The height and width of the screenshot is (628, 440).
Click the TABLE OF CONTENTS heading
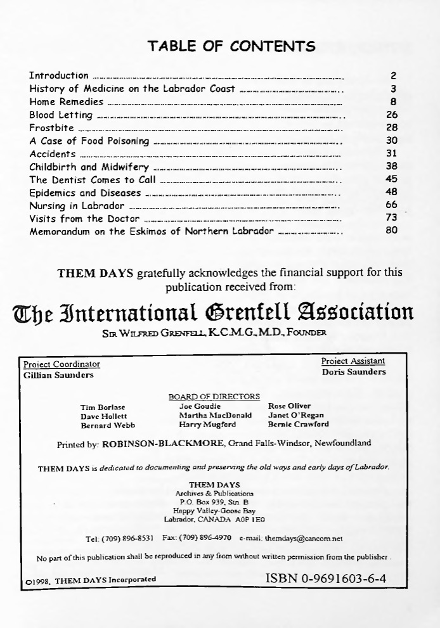[x=231, y=46]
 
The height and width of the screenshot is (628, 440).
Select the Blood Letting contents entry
[x=61, y=115]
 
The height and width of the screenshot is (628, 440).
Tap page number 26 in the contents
[x=391, y=115]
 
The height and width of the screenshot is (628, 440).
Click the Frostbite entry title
[x=52, y=128]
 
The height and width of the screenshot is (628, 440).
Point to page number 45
[x=391, y=179]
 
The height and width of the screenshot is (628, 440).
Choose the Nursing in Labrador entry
[x=77, y=206]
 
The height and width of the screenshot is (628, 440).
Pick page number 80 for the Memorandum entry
[x=391, y=231]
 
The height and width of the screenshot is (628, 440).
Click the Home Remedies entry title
[x=67, y=102]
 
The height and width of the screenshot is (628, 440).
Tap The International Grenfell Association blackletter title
[x=212, y=312]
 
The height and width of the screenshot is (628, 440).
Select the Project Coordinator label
[x=61, y=364]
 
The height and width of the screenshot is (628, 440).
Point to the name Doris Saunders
[x=353, y=372]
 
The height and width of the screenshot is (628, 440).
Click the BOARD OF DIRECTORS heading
[x=214, y=397]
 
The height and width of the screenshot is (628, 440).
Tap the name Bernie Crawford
[x=299, y=425]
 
